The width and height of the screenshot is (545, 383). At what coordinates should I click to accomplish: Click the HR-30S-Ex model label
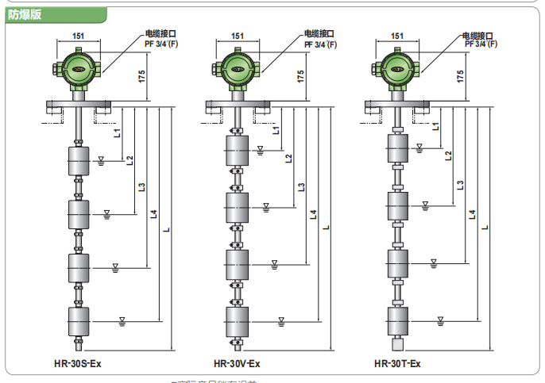click(79, 364)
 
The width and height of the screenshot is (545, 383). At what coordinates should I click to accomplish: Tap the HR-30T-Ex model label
click(397, 364)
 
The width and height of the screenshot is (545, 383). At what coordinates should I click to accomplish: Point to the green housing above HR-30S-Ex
click(79, 67)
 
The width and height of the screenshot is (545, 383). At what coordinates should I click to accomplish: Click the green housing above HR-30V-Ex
click(238, 67)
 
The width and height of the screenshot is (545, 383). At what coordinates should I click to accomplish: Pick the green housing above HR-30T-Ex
click(396, 67)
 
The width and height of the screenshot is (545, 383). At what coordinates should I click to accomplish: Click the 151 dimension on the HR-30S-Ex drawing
click(79, 36)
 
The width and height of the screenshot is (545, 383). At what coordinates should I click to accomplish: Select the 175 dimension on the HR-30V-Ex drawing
click(300, 77)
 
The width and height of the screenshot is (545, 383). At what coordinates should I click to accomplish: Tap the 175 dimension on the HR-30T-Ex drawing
click(461, 77)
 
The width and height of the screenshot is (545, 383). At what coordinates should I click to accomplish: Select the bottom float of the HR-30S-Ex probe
click(79, 321)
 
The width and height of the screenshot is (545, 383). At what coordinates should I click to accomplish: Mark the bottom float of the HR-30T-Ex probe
click(397, 321)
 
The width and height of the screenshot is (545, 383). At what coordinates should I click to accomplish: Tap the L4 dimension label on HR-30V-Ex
click(313, 214)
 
